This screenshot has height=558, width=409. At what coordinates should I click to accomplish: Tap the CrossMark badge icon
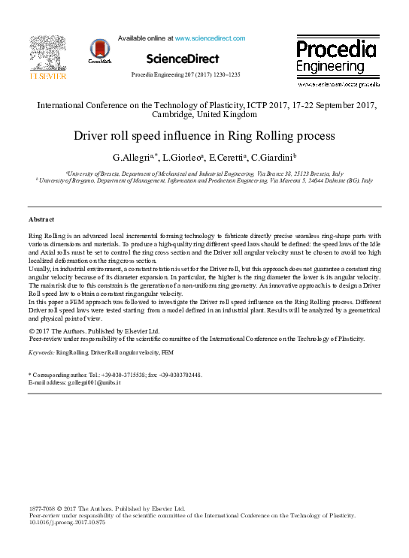[x=98, y=50]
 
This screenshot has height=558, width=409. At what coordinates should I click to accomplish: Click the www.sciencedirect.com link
[x=210, y=38]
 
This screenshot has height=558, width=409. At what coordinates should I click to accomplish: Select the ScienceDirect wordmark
[x=183, y=59]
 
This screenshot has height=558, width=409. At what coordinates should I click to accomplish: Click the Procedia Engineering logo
[x=336, y=57]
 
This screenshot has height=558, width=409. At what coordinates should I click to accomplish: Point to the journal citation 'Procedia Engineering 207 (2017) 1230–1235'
[x=186, y=75]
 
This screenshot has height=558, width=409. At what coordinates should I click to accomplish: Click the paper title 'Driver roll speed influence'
[x=204, y=137]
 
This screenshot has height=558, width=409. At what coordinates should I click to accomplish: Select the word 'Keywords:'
[x=41, y=351]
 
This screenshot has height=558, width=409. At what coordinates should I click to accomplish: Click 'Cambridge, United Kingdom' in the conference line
[x=204, y=115]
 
